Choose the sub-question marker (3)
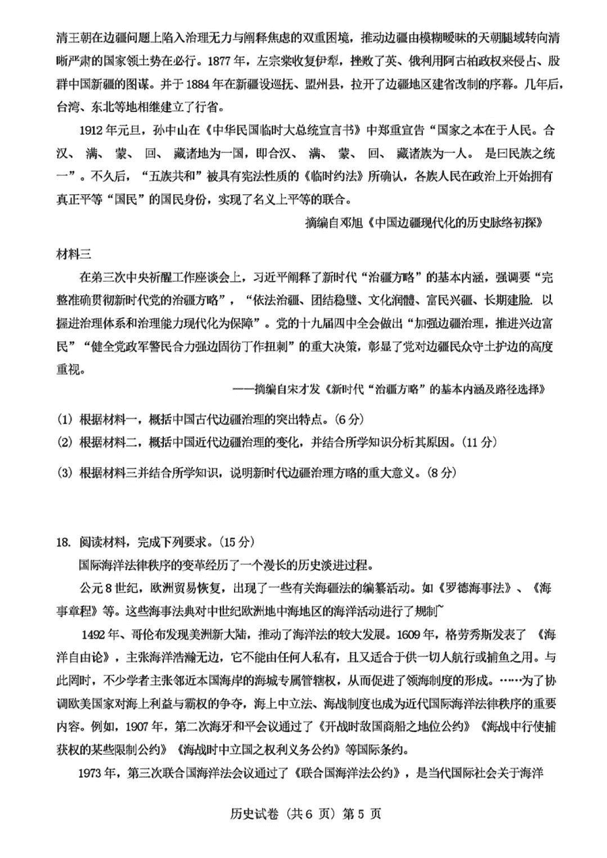point(65,472)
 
